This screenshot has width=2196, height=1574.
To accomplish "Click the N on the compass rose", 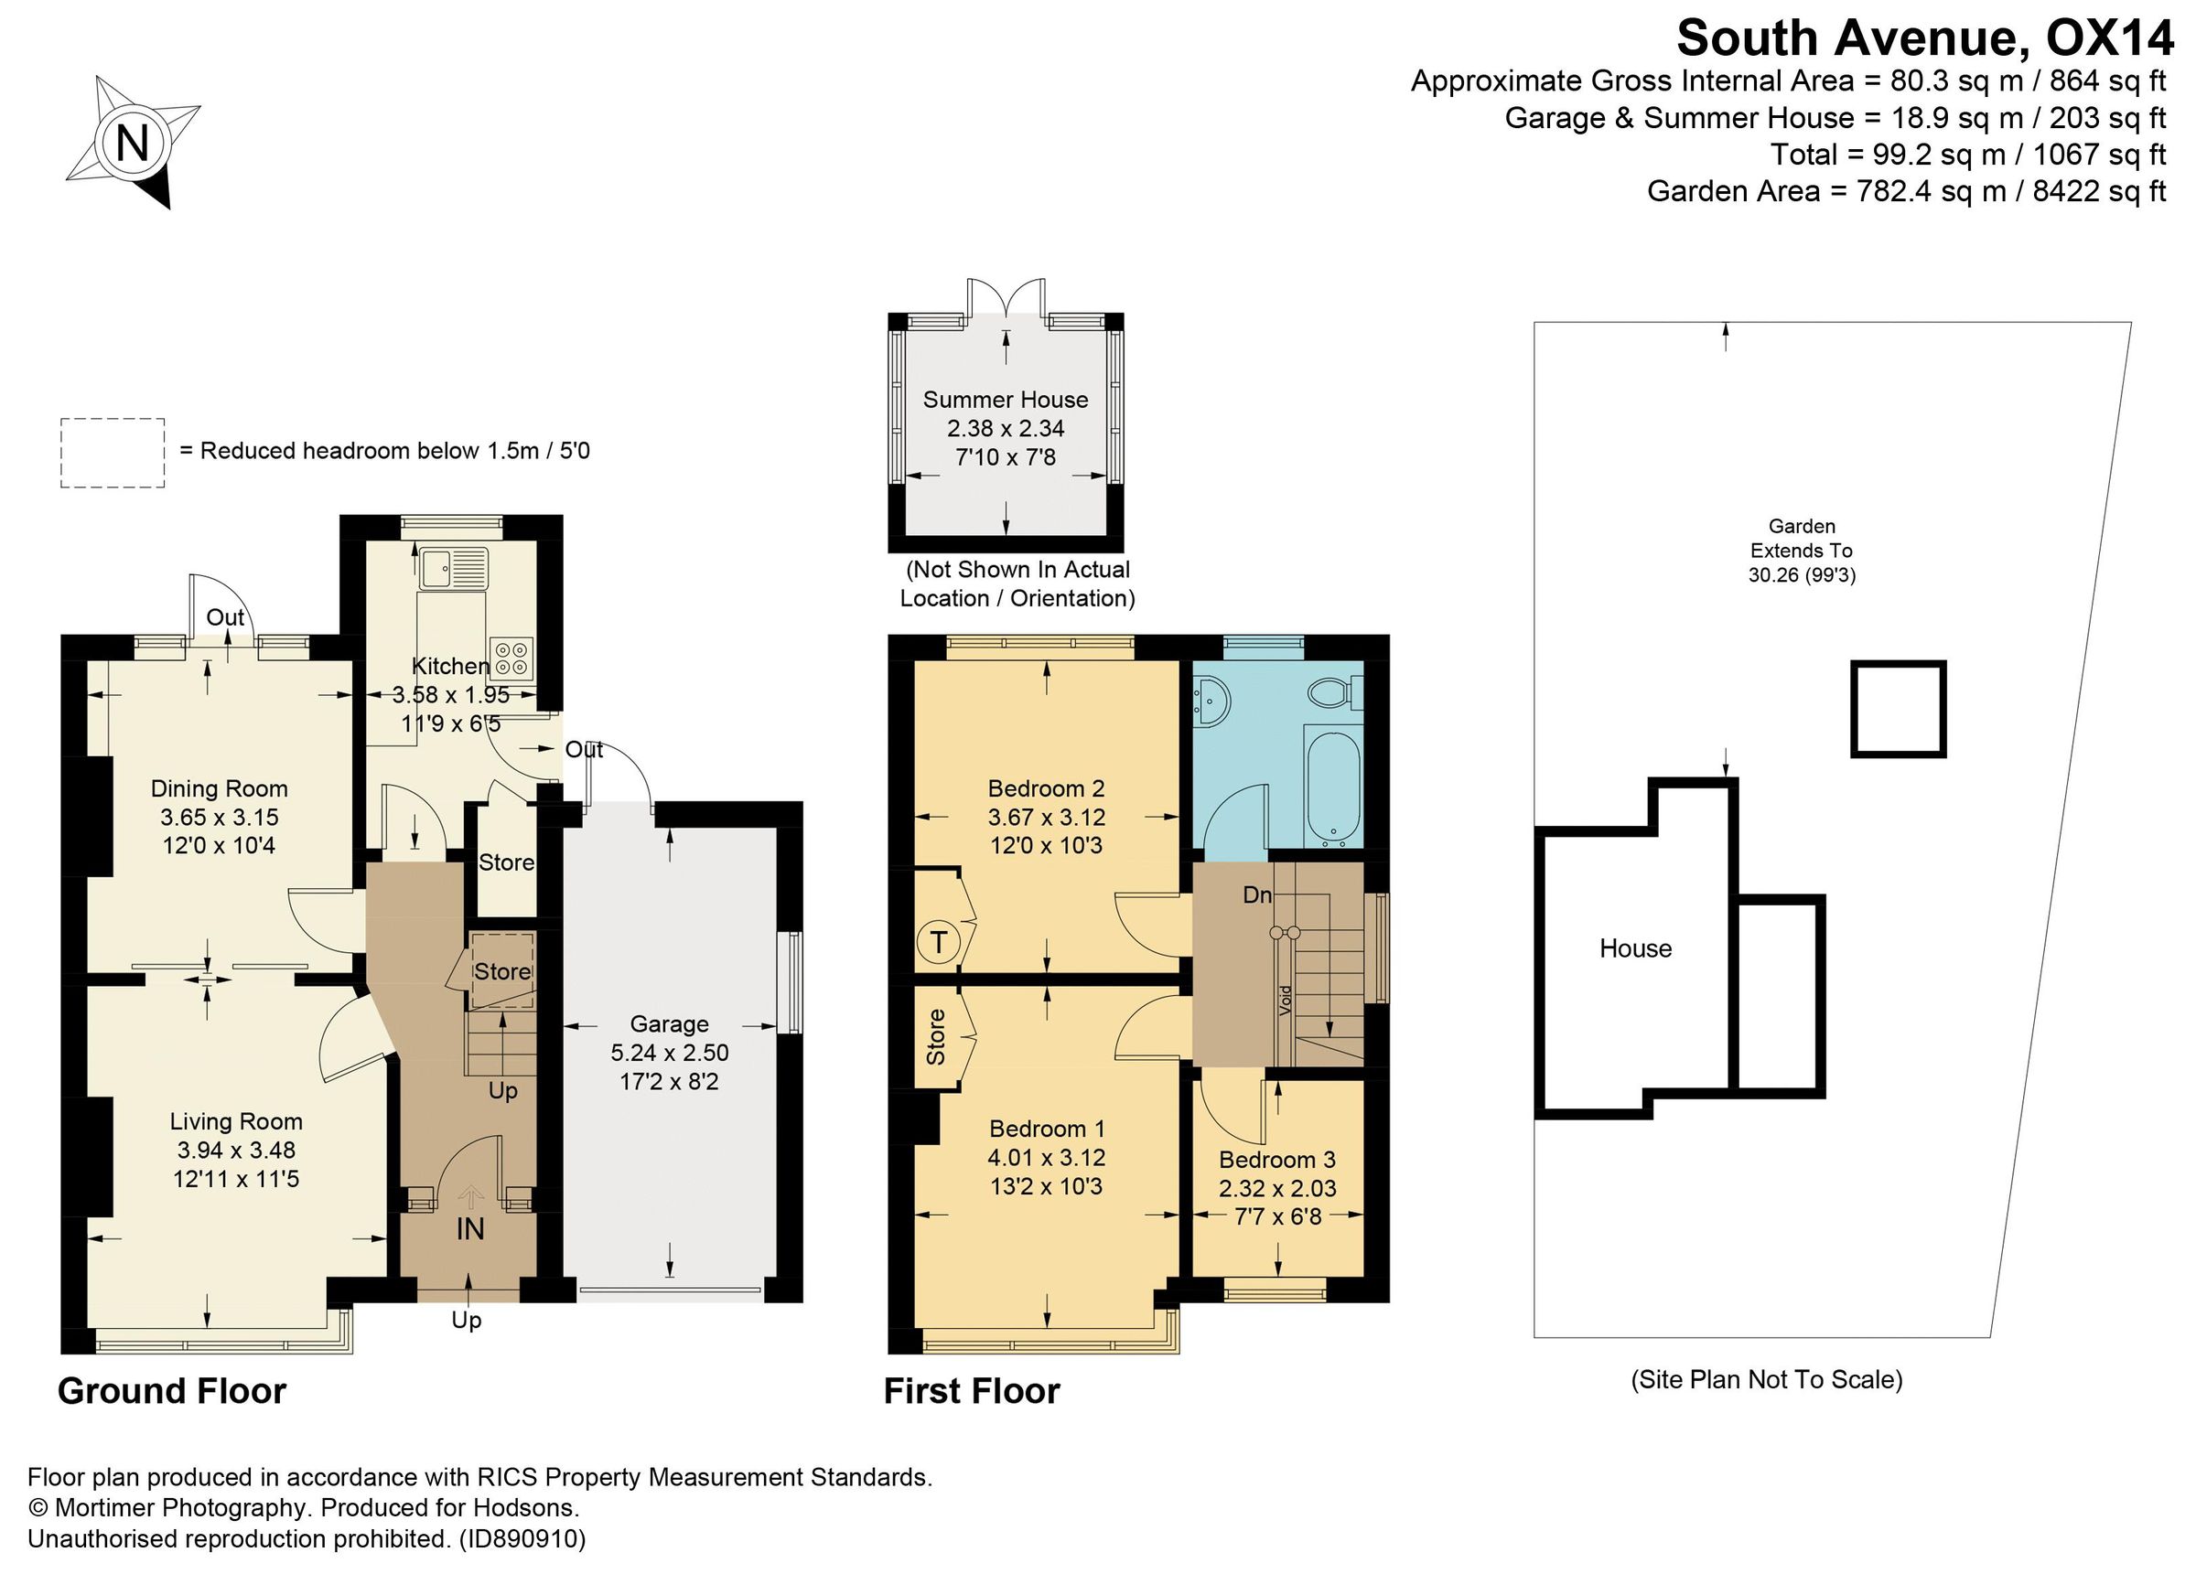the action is [x=132, y=145].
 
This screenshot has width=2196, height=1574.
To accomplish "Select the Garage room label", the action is [x=669, y=1024].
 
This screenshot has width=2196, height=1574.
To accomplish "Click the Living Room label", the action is [x=236, y=1122].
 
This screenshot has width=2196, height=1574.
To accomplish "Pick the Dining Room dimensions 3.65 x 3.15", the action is [x=219, y=818].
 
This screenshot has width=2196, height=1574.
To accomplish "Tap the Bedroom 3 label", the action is [x=1277, y=1160].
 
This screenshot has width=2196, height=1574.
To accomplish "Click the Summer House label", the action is [x=1005, y=400].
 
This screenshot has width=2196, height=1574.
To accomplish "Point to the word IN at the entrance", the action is [x=469, y=1229].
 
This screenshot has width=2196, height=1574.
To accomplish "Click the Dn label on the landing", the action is [x=1257, y=895].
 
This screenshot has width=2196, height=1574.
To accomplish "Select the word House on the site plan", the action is [x=1635, y=948].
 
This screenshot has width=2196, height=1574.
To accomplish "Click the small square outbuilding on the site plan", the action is [x=1898, y=709].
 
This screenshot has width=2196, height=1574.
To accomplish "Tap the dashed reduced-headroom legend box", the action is [x=113, y=452].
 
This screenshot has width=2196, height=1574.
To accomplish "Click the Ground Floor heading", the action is [x=172, y=1391].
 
